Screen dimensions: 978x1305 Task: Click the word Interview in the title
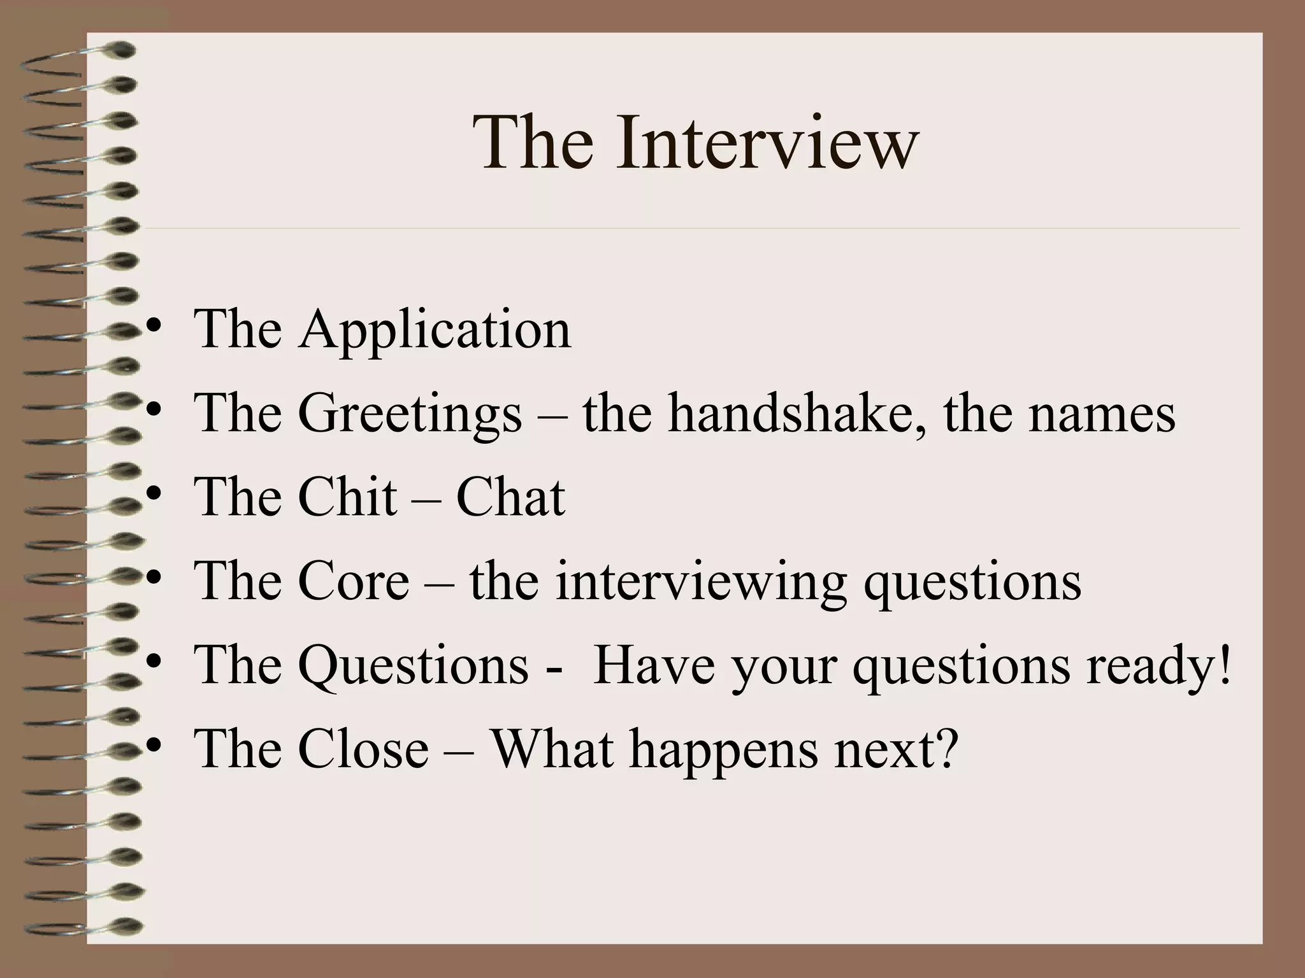click(x=767, y=143)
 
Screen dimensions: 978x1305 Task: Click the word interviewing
click(x=701, y=583)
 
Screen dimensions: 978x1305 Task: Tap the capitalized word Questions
click(x=413, y=666)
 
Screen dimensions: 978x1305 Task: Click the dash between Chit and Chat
click(x=426, y=499)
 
